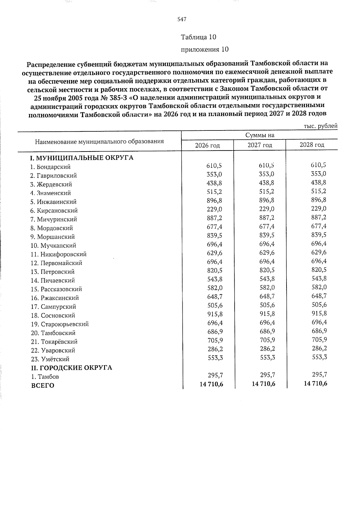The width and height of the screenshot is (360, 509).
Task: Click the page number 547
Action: pos(182,19)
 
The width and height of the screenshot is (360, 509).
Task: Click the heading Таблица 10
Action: pos(198,37)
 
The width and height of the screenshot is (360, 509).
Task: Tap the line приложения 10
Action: pos(205,49)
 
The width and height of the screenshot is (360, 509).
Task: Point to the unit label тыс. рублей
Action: pos(321,126)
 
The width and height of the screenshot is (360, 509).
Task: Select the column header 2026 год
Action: pos(207,145)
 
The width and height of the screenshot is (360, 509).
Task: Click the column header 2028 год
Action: pos(312,145)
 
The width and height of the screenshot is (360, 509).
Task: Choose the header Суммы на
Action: pos(260,135)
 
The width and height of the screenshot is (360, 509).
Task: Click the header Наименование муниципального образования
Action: pos(99,141)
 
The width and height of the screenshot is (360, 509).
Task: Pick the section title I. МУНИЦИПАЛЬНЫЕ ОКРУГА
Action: pos(82,158)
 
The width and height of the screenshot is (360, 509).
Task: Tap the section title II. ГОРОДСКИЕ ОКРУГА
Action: pos(72,368)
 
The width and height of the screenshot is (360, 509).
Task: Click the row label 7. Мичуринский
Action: pos(54,219)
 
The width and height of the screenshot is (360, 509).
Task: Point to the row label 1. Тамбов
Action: pos(45,377)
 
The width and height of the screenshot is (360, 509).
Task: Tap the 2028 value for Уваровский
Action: pos(319,349)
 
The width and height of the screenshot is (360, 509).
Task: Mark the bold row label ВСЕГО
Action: pos(43,386)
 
